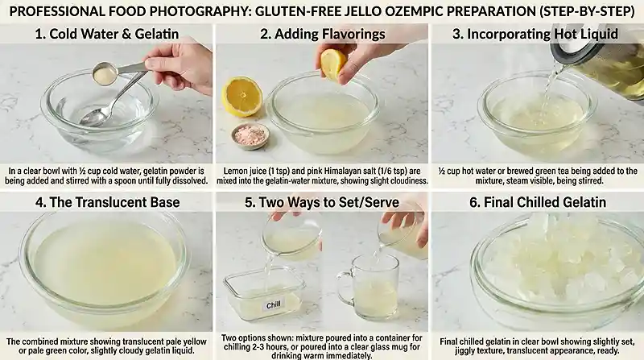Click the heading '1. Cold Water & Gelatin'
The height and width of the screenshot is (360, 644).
coord(106,34)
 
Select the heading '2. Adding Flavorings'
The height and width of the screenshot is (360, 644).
coord(322,34)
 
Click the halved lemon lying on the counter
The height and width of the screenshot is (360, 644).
coord(242,97)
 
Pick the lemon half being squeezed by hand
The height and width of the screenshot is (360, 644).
coord(332,63)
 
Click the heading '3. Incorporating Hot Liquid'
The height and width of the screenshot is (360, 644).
coord(537,34)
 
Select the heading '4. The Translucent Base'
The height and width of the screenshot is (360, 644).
coord(106,202)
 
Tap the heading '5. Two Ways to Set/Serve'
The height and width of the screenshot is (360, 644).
coord(322,202)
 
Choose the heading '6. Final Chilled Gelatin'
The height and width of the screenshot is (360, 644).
coord(537,202)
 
